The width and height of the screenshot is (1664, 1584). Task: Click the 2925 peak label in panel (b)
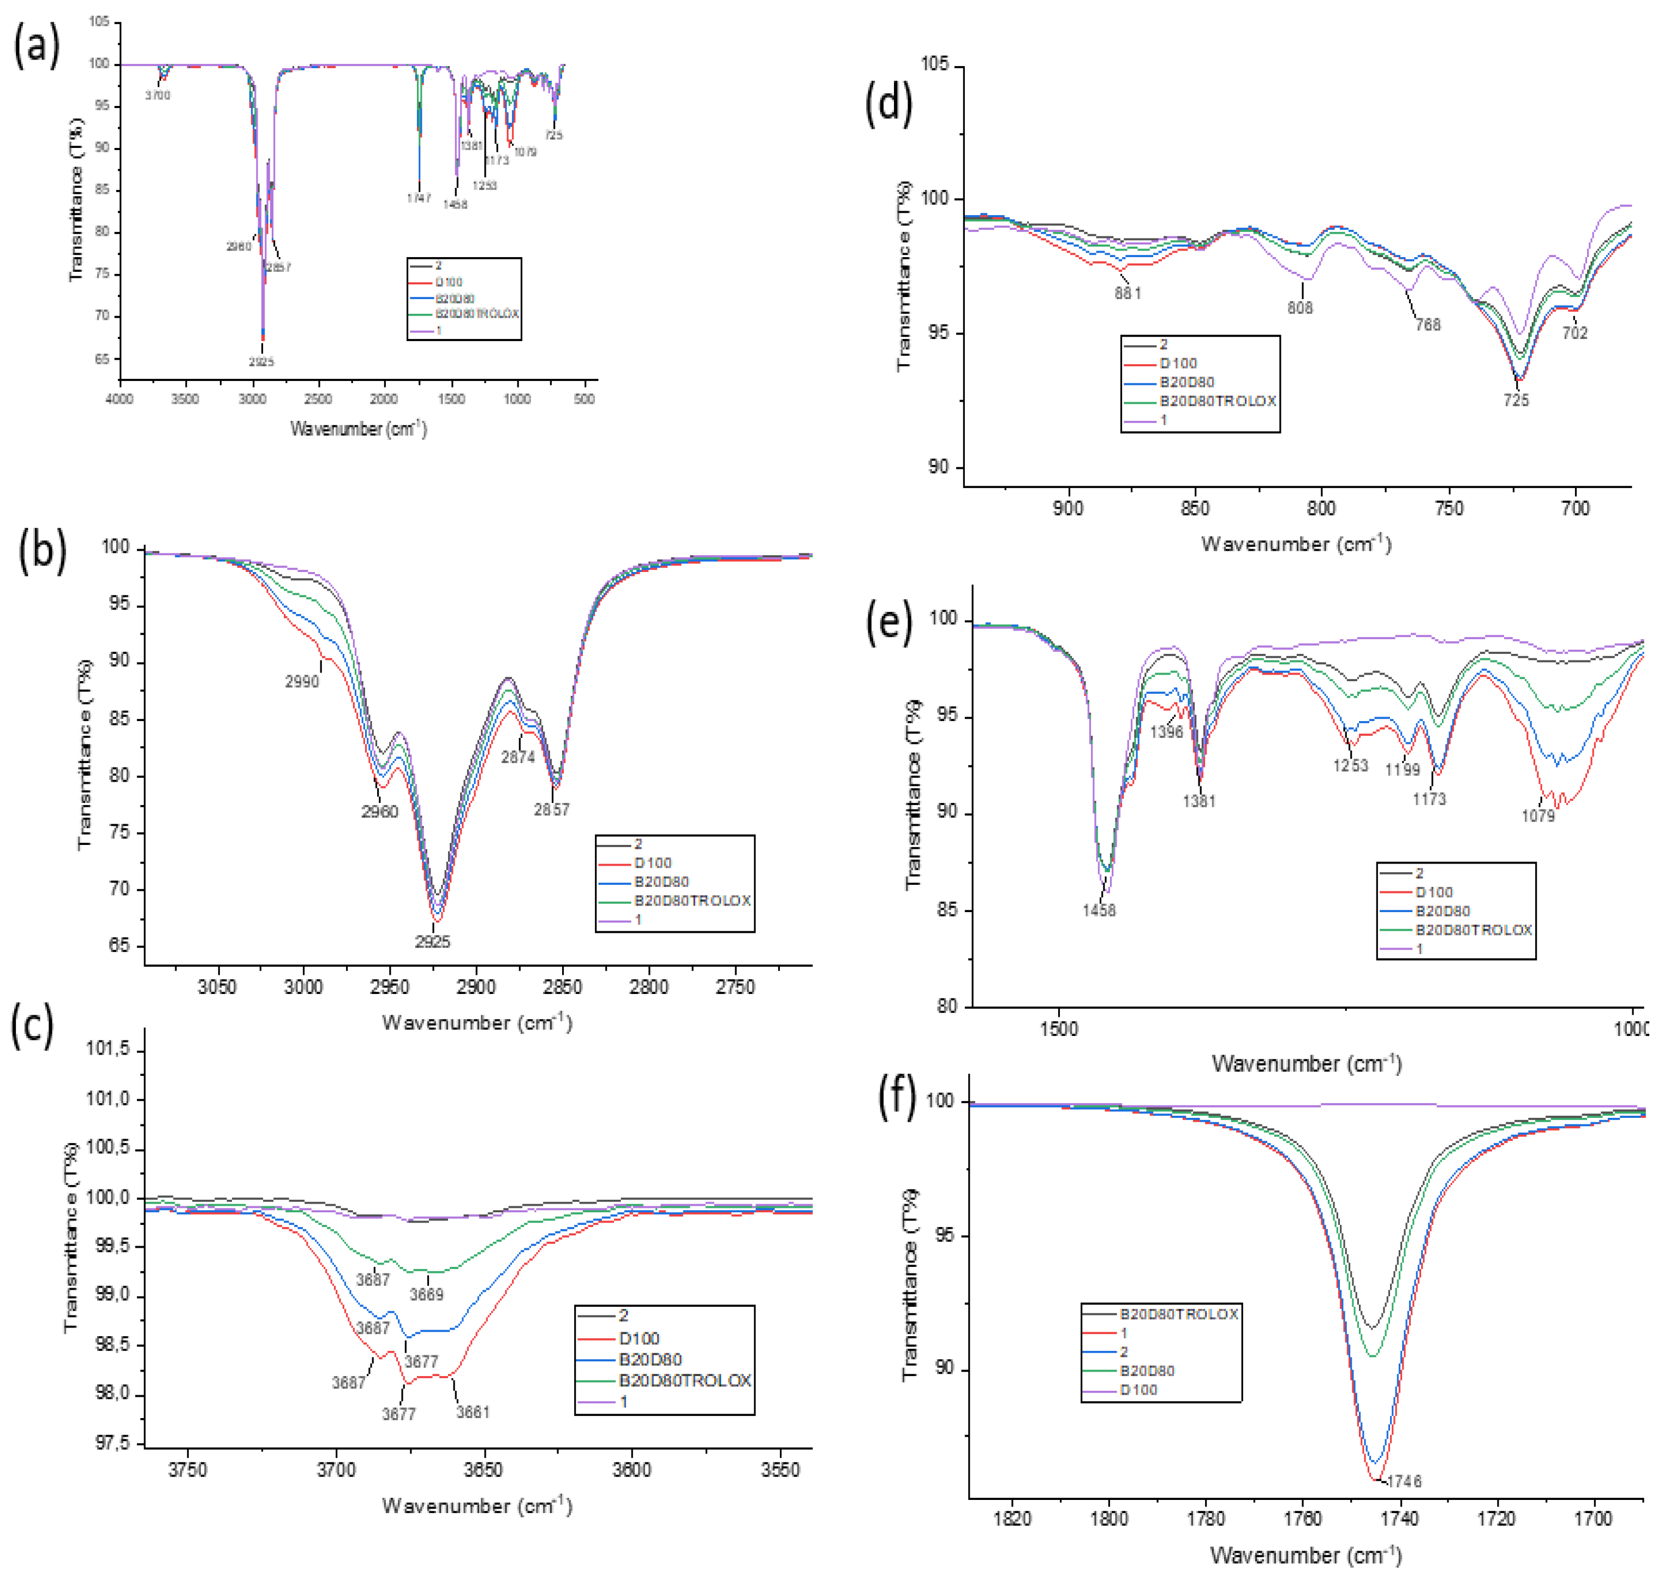(x=432, y=942)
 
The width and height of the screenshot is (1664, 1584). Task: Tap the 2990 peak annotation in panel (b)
(x=301, y=681)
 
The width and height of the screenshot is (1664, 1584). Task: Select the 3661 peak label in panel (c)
(x=473, y=1412)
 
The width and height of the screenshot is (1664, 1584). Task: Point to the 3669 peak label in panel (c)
(x=426, y=1294)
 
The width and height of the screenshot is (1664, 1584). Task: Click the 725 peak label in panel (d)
(x=1516, y=400)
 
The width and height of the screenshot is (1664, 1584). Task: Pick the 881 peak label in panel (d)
(x=1128, y=293)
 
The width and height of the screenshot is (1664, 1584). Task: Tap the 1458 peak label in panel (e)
(x=1099, y=910)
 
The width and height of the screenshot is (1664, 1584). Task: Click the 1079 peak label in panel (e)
(x=1538, y=815)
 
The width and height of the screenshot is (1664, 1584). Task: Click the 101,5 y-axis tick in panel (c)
(x=108, y=1050)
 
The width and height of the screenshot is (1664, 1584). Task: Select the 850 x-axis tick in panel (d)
(x=1195, y=508)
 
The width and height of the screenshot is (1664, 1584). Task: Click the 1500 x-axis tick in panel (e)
(x=1059, y=1028)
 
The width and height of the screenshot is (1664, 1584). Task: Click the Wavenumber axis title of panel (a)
(x=358, y=429)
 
